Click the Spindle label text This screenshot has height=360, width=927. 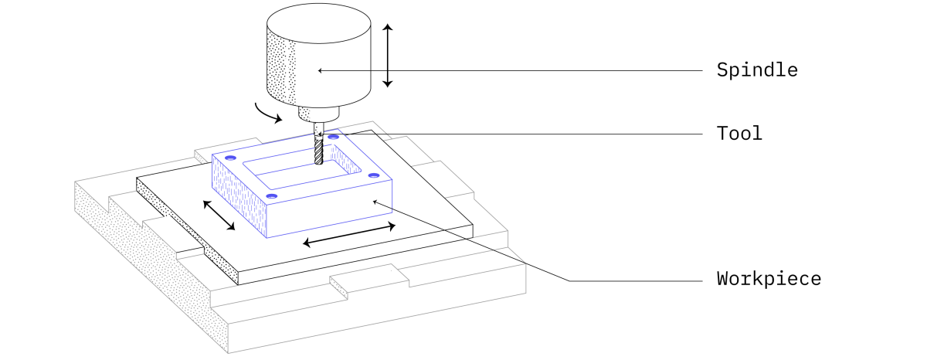[757, 70]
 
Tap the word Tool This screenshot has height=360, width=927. [739, 134]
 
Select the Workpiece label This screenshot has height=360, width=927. [769, 278]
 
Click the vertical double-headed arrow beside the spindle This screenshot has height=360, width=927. [387, 56]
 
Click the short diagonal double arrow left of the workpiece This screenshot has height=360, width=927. [219, 216]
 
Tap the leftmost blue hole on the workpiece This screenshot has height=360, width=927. [230, 158]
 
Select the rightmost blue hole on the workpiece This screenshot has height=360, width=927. [374, 175]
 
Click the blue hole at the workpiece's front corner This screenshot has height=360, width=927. [271, 196]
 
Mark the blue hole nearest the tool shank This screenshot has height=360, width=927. [334, 137]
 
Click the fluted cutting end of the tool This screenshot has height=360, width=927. [318, 150]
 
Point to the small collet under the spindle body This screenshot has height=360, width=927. [318, 114]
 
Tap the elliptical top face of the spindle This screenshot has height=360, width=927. [318, 23]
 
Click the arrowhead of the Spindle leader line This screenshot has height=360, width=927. [320, 71]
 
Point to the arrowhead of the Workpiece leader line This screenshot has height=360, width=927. [375, 202]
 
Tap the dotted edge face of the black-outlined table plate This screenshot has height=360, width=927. [187, 231]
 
